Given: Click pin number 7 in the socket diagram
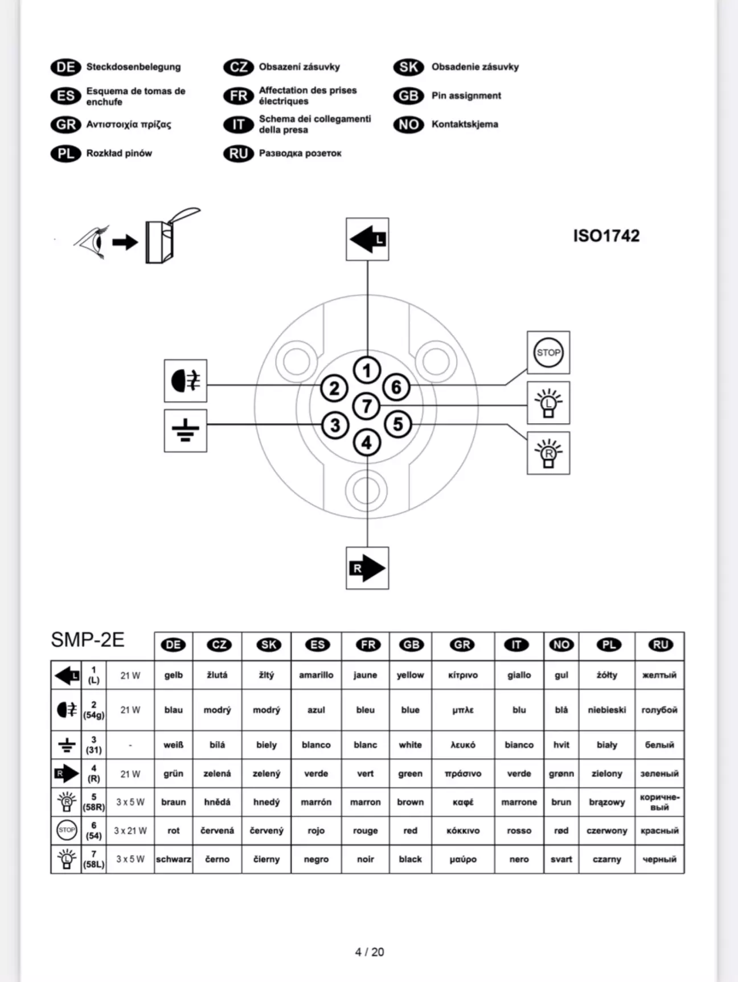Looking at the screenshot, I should click(367, 406).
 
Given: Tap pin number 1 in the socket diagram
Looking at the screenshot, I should click(367, 370).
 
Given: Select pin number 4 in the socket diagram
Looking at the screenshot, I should click(367, 443).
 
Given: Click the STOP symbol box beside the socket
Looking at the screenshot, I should click(548, 353).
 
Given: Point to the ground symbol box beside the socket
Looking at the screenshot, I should click(185, 431).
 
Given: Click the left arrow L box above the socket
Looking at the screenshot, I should click(367, 239).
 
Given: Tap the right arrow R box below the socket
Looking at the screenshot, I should click(367, 568).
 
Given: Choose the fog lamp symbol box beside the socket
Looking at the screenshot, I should click(185, 380).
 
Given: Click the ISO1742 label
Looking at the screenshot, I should click(606, 236).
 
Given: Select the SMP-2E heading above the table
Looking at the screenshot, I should click(88, 640).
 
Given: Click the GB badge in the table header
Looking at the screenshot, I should click(411, 645).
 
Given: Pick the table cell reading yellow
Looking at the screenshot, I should click(410, 675).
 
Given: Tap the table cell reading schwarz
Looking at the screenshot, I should click(174, 859).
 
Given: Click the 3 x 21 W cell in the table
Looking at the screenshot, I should click(130, 830).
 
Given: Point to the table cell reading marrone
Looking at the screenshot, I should click(519, 802).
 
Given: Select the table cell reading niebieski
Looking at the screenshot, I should click(606, 710).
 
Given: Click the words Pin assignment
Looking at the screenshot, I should click(466, 96).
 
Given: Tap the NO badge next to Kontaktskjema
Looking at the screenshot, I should click(408, 124).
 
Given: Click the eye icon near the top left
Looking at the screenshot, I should click(91, 242).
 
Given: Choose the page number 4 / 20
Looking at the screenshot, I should click(369, 952).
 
